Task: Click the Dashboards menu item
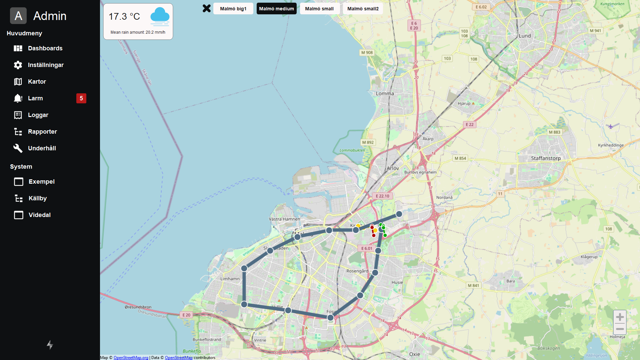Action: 45,48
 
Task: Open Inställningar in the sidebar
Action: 46,65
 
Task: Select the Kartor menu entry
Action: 37,82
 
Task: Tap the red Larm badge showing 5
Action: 81,98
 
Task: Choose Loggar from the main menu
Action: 38,115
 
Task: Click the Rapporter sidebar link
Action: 42,132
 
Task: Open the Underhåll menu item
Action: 42,148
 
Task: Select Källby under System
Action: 37,198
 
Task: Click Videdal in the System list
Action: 39,215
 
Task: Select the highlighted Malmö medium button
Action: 276,9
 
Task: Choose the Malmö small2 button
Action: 363,9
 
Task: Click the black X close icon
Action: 207,8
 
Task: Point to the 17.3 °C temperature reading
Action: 124,16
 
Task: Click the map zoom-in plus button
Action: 620,317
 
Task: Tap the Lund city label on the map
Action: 525,36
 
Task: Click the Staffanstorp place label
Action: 546,158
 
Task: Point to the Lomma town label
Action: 385,94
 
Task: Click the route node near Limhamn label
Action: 244,268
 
